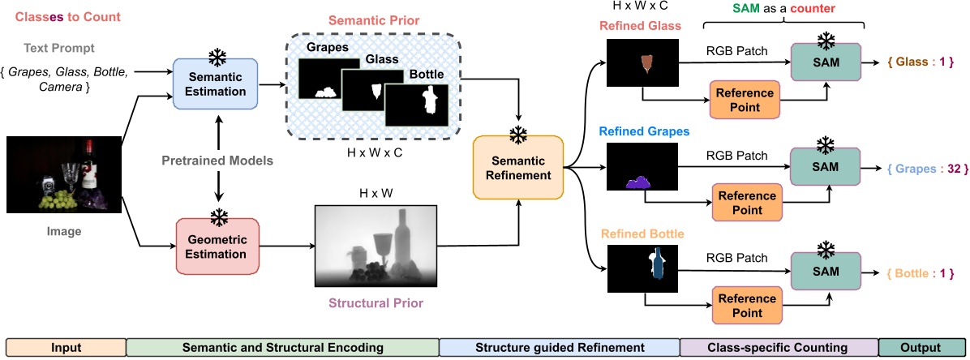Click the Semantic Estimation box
coord(215,83)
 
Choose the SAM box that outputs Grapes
coord(826,169)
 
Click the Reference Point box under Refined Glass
coord(743,99)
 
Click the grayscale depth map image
coord(374,245)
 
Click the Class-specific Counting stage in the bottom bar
coord(778,348)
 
